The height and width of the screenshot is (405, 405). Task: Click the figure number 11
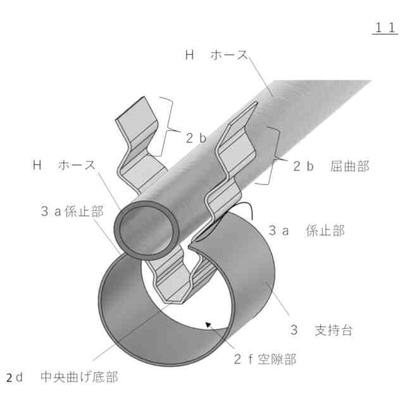(x=385, y=28)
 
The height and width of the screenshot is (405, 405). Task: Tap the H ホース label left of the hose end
(x=64, y=166)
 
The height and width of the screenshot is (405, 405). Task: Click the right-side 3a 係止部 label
(x=306, y=231)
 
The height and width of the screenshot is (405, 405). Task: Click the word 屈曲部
(x=349, y=166)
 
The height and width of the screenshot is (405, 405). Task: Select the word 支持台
(x=333, y=330)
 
